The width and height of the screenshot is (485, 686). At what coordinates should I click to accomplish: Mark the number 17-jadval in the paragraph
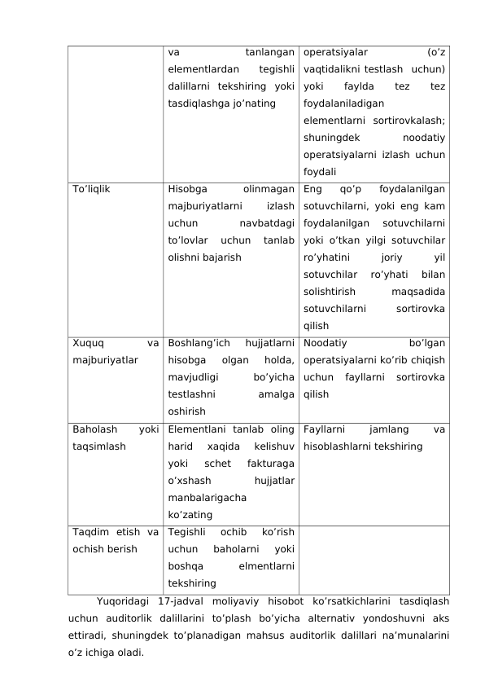click(180, 602)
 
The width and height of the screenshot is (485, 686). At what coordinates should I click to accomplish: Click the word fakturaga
click(268, 464)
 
